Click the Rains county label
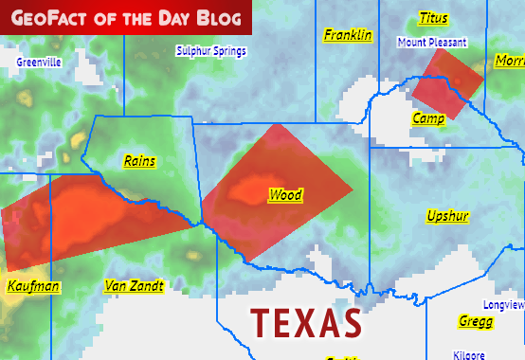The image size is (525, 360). [140, 161]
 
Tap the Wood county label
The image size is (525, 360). [285, 195]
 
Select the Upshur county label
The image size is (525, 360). [447, 216]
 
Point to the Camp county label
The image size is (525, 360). [428, 117]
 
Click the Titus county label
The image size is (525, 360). [433, 18]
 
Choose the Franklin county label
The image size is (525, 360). [348, 35]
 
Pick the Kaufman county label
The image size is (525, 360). [33, 286]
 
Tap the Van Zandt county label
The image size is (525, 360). [134, 285]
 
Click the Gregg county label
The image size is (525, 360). [475, 321]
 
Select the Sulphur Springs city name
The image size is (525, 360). [211, 51]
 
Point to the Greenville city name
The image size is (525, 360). [39, 62]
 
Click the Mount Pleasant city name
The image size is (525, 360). [432, 43]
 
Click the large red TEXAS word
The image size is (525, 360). [306, 323]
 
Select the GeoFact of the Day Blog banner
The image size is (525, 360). [126, 16]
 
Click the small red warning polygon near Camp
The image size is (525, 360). [447, 83]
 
